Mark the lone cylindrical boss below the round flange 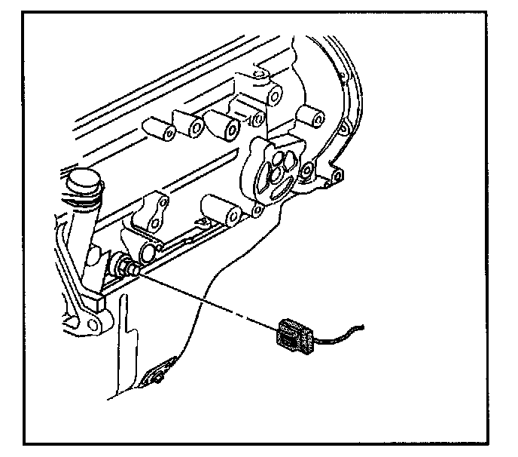tap(215, 207)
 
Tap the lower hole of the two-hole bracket tap(149, 248)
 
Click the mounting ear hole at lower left tap(93, 325)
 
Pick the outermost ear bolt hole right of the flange tap(336, 178)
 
